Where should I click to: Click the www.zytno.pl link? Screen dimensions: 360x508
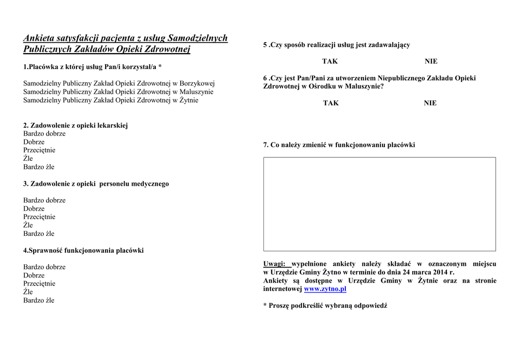tap(325, 289)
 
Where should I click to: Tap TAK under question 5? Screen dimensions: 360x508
tap(330, 62)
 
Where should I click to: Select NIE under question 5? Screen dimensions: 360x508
tap(431, 62)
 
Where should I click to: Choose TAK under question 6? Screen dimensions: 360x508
tap(331, 103)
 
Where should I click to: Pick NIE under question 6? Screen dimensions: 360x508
tap(430, 103)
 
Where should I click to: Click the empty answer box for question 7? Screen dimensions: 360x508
tap(379, 204)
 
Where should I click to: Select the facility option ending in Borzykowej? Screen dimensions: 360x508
tap(119, 83)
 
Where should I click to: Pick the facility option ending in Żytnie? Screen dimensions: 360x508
tap(111, 100)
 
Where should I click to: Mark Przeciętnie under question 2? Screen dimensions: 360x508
tap(39, 150)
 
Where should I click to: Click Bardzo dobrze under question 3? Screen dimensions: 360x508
tap(44, 201)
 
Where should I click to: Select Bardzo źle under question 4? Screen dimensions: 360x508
tap(39, 300)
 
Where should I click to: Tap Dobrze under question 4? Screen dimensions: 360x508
tap(34, 276)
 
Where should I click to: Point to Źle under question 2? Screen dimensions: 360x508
tap(28, 159)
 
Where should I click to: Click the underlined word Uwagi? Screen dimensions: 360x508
tap(274, 264)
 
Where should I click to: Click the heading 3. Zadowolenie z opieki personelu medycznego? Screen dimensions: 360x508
tap(96, 184)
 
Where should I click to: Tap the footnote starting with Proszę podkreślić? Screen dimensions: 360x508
tap(327, 306)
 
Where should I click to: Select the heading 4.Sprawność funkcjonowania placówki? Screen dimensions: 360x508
tap(83, 251)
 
